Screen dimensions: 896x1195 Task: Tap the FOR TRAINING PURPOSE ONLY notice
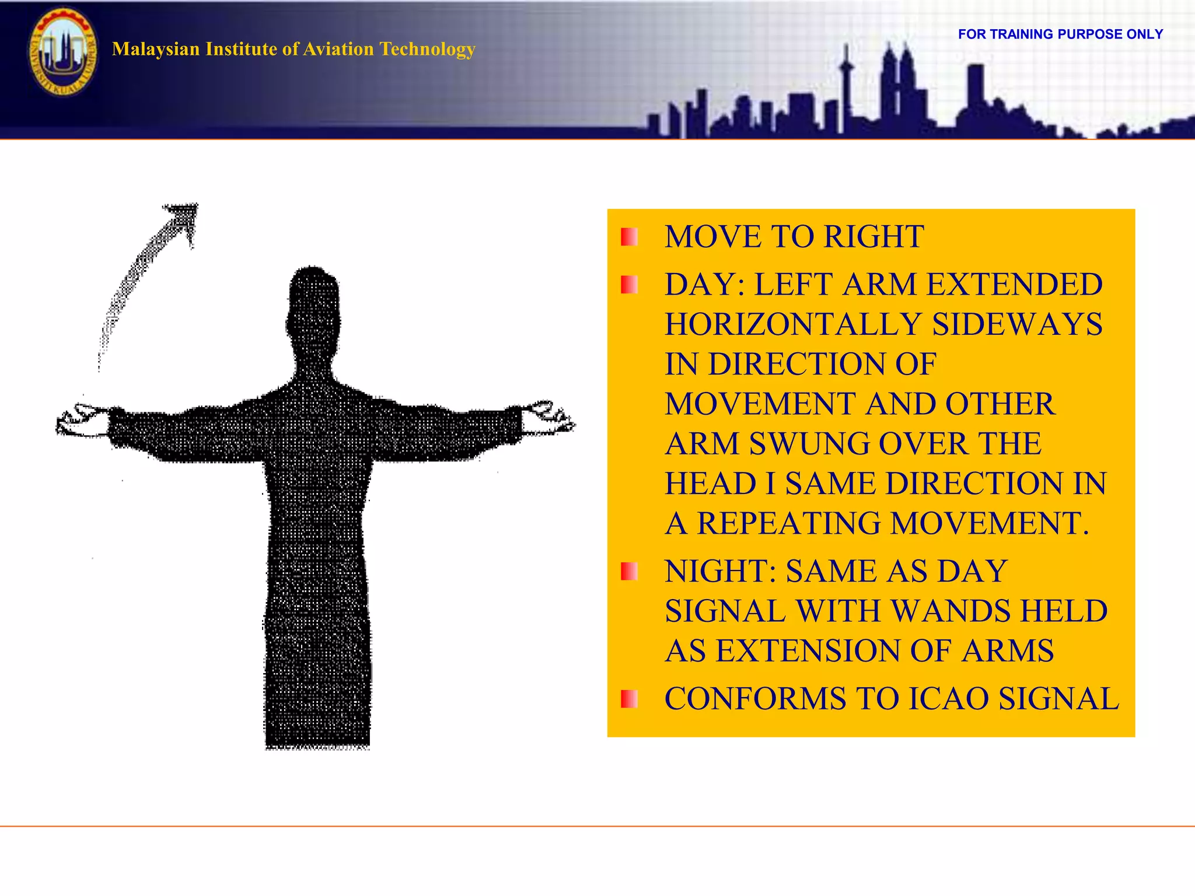pyautogui.click(x=1060, y=34)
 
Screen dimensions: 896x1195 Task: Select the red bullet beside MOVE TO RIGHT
pyautogui.click(x=629, y=237)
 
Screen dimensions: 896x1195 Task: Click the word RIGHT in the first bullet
pyautogui.click(x=873, y=237)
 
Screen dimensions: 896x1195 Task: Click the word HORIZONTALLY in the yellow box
pyautogui.click(x=793, y=325)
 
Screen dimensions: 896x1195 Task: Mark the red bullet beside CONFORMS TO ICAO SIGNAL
pyautogui.click(x=629, y=699)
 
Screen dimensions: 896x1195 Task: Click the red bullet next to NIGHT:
pyautogui.click(x=629, y=572)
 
